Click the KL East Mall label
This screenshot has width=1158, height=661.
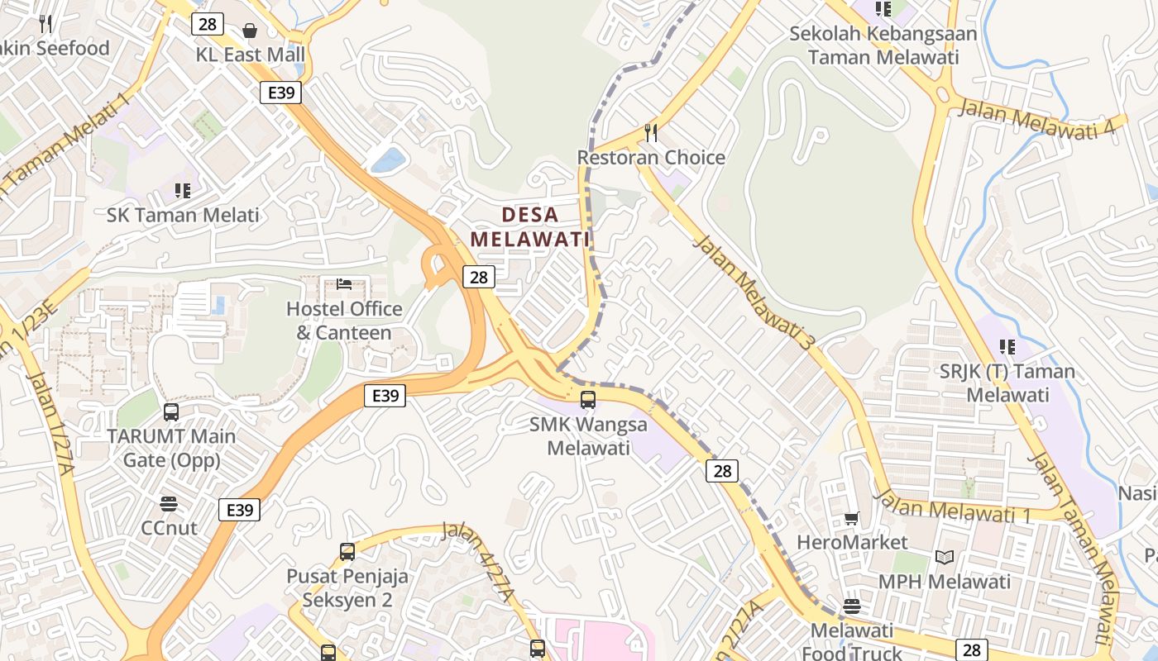[250, 55]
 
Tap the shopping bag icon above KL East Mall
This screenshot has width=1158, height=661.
[250, 31]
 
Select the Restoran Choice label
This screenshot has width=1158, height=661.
[651, 158]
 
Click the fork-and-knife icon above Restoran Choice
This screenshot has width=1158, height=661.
[652, 133]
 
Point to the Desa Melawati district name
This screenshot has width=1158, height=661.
[530, 227]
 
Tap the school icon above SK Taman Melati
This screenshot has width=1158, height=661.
[183, 191]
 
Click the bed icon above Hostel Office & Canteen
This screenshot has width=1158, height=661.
[344, 285]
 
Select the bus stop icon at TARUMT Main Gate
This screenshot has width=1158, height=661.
[171, 411]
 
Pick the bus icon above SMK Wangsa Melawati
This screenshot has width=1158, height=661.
[588, 400]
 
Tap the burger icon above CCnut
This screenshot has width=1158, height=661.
[169, 504]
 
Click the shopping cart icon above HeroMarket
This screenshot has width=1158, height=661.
[851, 519]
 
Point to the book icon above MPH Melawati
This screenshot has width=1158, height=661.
[945, 558]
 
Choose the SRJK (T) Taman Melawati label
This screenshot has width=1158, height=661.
[1007, 383]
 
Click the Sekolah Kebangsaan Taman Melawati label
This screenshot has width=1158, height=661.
[883, 45]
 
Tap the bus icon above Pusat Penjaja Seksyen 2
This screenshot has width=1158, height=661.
[347, 552]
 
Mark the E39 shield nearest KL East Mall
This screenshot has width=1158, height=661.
[281, 93]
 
